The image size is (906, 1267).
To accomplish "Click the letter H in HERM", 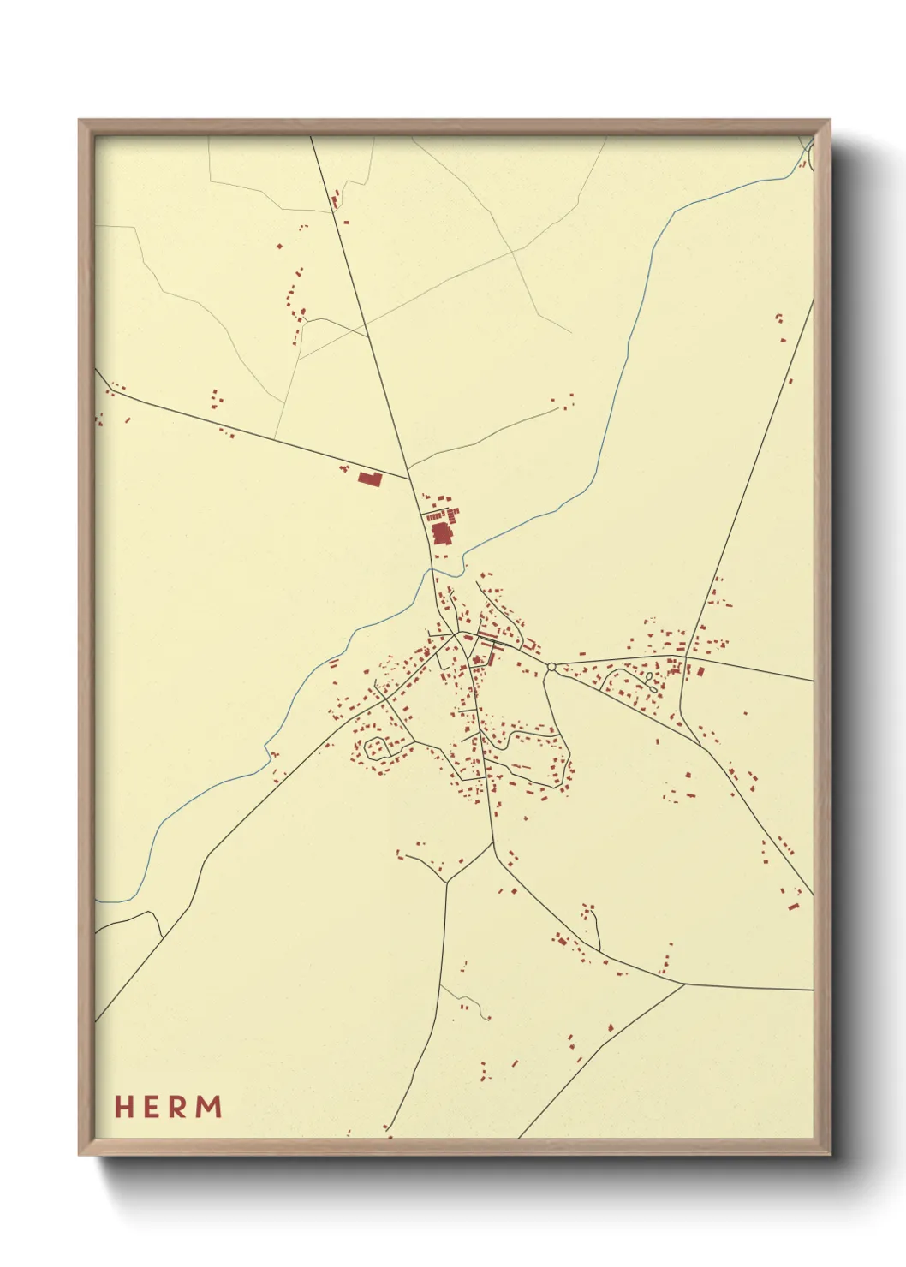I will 125,1106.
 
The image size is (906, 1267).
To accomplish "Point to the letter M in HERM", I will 210,1106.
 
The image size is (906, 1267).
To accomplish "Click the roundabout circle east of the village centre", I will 551,666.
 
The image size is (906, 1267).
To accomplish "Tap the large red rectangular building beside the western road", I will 370,478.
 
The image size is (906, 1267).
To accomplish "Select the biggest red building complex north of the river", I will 442,534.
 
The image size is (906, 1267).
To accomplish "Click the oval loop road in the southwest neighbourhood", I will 378,748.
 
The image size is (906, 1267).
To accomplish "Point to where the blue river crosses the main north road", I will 432,570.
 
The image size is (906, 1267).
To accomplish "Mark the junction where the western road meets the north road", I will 409,479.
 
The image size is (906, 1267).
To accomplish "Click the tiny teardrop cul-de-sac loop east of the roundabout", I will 651,679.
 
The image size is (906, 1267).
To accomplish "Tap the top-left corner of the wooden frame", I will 80,121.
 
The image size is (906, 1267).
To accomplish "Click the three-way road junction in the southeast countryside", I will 684,984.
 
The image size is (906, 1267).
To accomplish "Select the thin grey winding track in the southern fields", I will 467,1000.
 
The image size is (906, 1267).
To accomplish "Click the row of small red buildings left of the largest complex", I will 435,516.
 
